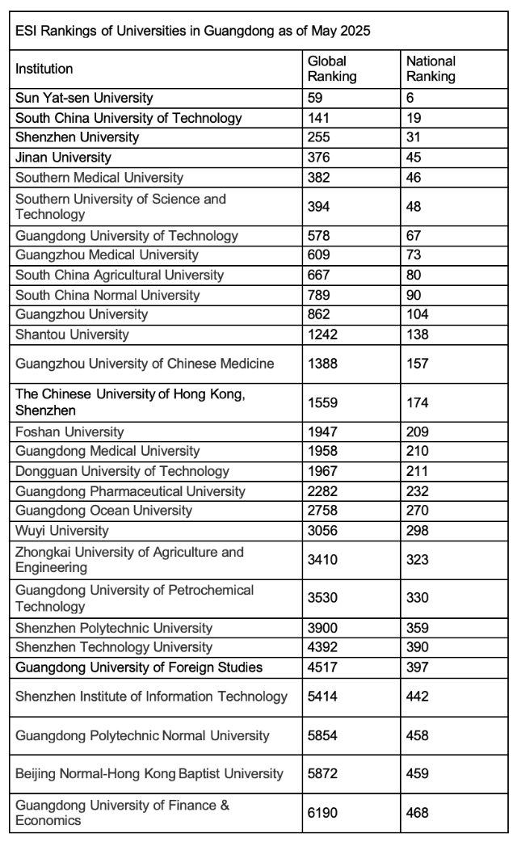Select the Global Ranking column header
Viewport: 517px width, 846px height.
pos(332,69)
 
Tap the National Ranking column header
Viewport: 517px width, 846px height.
pos(431,69)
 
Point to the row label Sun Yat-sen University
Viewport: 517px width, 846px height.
pos(84,98)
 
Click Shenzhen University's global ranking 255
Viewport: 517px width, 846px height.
pos(319,137)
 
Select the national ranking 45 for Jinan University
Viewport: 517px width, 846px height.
pos(414,158)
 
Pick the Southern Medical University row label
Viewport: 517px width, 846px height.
pos(99,177)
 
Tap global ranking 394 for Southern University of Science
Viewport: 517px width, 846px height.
pos(319,206)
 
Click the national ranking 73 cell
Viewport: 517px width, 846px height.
pos(414,255)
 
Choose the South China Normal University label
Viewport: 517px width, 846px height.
pos(107,295)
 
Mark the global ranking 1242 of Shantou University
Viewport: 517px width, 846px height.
pos(323,335)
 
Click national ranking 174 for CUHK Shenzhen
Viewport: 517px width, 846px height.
pos(418,402)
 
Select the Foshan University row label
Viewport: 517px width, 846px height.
pos(69,431)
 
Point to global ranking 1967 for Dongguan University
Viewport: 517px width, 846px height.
pos(323,471)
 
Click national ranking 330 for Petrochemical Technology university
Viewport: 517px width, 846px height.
pos(418,598)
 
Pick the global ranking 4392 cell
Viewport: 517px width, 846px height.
pos(323,647)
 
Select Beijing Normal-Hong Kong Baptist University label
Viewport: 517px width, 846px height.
pos(149,774)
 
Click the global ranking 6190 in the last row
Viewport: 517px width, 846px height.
pos(323,813)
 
